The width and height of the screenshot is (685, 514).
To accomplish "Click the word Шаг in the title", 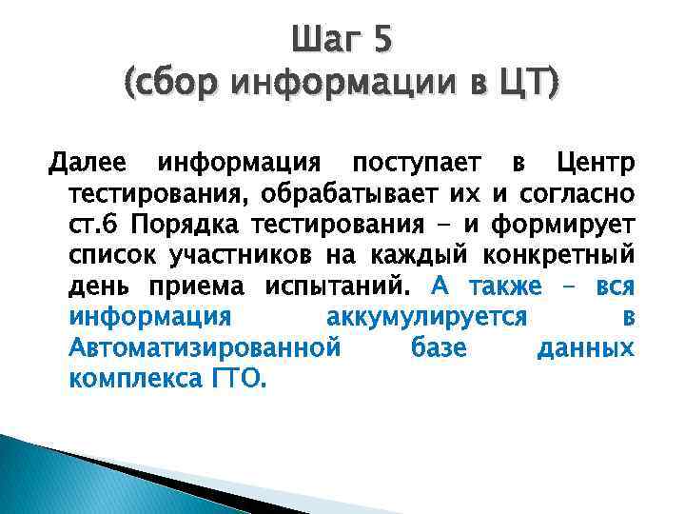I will point(325,41).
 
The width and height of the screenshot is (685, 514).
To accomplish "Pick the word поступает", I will point(406,162).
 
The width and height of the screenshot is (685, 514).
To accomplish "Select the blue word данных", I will point(585,347).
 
